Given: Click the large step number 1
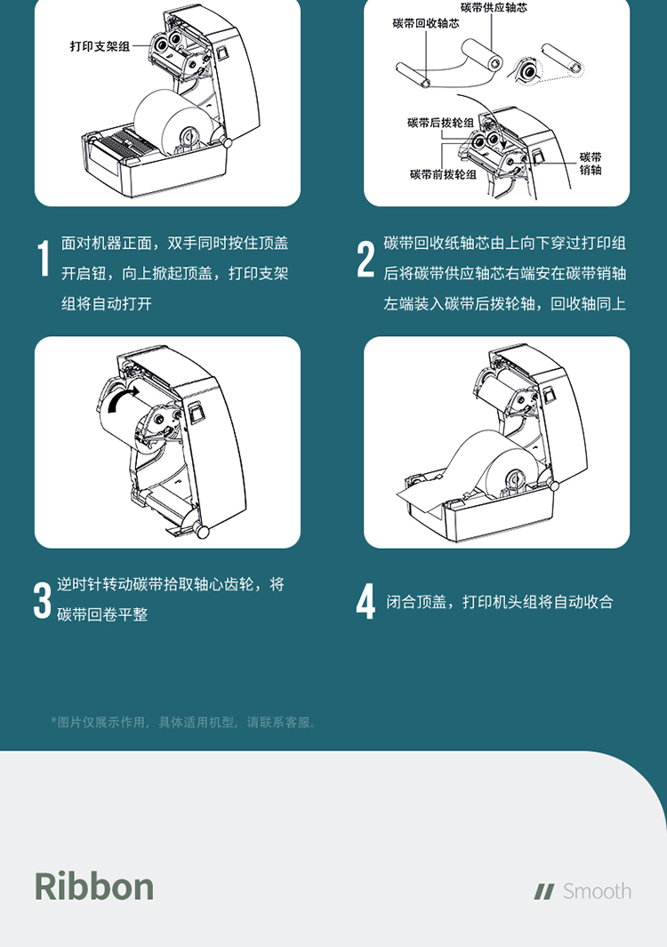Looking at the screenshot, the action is [x=44, y=259].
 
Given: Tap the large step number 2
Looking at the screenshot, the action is [x=366, y=259].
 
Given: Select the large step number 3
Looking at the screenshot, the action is [x=43, y=600].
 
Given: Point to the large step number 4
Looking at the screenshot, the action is [x=366, y=601].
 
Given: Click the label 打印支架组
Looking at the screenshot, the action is [x=100, y=46].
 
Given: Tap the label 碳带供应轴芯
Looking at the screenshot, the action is [x=494, y=7].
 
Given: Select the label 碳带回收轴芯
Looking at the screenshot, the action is [x=426, y=23].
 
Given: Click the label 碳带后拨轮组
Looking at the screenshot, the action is [x=440, y=124].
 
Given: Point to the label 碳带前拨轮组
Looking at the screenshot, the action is [x=443, y=174].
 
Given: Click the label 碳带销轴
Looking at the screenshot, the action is [x=591, y=164].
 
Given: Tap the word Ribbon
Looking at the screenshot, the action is [x=94, y=887].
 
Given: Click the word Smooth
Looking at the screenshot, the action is [x=597, y=891].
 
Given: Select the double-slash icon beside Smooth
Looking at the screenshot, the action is [x=543, y=892].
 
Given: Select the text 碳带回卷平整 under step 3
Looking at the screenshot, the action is [x=102, y=614].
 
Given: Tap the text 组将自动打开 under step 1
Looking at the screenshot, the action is [x=107, y=304].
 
